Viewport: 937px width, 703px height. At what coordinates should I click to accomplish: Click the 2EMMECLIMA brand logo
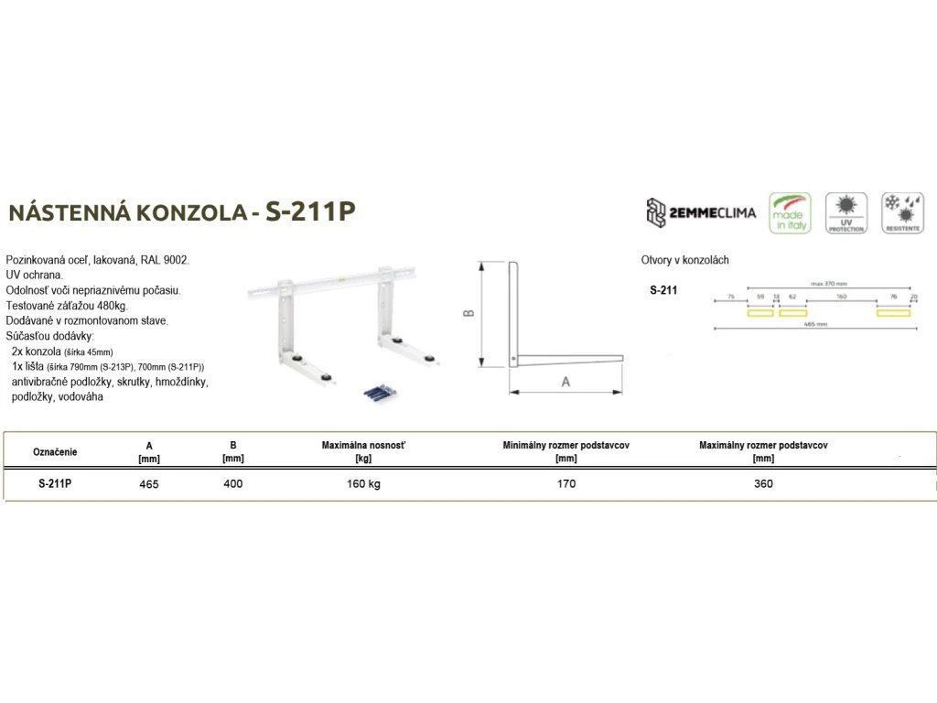pyautogui.click(x=701, y=212)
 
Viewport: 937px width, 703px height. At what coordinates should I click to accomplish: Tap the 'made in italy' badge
pyautogui.click(x=790, y=212)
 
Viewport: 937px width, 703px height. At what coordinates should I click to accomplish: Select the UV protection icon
pyautogui.click(x=845, y=212)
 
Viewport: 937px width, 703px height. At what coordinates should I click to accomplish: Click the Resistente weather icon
pyautogui.click(x=901, y=212)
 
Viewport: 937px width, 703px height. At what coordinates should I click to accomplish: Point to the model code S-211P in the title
pyautogui.click(x=309, y=212)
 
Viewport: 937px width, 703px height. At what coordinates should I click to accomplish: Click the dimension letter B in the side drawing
pyautogui.click(x=467, y=312)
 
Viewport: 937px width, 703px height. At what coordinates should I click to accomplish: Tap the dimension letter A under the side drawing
pyautogui.click(x=565, y=382)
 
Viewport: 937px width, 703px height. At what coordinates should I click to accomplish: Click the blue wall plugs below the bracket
pyautogui.click(x=379, y=392)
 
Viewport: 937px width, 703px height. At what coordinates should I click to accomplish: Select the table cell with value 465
pyautogui.click(x=149, y=484)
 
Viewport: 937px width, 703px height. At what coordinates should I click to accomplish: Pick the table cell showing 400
pyautogui.click(x=233, y=483)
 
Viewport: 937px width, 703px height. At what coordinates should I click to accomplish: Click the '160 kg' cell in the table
pyautogui.click(x=363, y=483)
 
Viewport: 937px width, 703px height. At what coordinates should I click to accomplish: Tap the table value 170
pyautogui.click(x=566, y=483)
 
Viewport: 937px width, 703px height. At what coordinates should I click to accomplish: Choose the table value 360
pyautogui.click(x=763, y=483)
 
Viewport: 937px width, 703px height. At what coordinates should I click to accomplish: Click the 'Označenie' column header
pyautogui.click(x=55, y=451)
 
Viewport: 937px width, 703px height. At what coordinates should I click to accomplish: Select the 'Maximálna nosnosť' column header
pyautogui.click(x=363, y=445)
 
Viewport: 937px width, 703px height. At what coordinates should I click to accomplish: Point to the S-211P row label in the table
pyautogui.click(x=55, y=483)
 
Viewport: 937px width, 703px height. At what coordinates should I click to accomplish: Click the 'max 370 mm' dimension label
pyautogui.click(x=830, y=284)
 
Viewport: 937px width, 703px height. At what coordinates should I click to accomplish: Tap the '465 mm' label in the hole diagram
pyautogui.click(x=814, y=324)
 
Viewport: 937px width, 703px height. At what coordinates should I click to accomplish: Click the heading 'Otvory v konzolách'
pyautogui.click(x=685, y=261)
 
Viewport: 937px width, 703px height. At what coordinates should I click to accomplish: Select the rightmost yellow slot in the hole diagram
pyautogui.click(x=893, y=312)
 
